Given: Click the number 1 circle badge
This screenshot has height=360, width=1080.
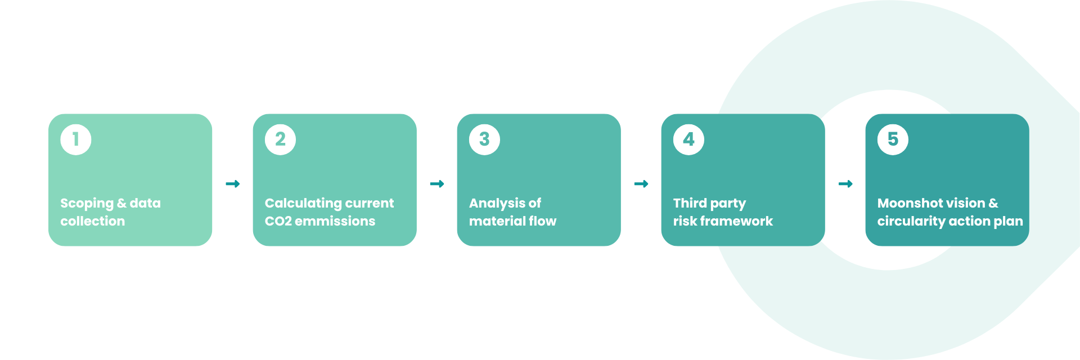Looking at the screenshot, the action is click(76, 139).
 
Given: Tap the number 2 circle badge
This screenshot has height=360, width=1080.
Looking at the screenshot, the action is click(280, 139).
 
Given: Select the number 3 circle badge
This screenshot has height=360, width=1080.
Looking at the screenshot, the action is click(484, 139).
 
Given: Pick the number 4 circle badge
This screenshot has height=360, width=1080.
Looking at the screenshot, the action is click(688, 139).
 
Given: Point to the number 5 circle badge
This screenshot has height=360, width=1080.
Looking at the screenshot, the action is click(893, 139).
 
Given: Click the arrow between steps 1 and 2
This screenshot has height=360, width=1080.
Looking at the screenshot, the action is click(233, 184).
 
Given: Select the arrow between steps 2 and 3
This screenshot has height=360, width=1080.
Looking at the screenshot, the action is click(437, 184).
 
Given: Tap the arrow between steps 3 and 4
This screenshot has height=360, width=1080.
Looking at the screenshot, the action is click(641, 184).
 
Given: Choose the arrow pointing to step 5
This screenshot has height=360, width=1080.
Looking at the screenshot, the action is click(845, 184).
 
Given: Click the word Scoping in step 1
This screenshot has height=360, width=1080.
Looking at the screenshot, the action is click(87, 204).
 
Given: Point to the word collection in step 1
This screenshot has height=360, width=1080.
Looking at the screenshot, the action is click(93, 221).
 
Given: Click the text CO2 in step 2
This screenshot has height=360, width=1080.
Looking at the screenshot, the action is click(278, 222).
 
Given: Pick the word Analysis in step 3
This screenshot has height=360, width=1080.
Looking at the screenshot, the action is click(497, 204).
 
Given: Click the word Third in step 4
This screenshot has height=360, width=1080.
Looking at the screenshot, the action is click(690, 203).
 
